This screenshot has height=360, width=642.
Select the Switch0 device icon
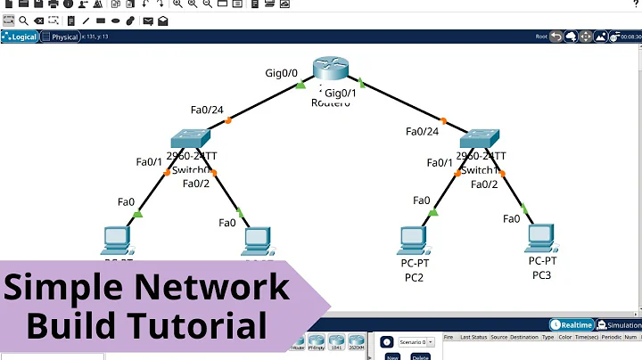(191, 139)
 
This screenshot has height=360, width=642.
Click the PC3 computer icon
(541, 236)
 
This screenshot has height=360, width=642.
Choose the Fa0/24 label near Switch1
(423, 131)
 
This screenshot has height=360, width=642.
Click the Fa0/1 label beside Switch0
(149, 162)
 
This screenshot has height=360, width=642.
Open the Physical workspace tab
(64, 37)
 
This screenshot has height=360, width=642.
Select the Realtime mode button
(572, 325)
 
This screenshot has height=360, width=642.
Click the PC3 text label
(542, 275)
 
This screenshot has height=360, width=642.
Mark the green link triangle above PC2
(433, 212)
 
